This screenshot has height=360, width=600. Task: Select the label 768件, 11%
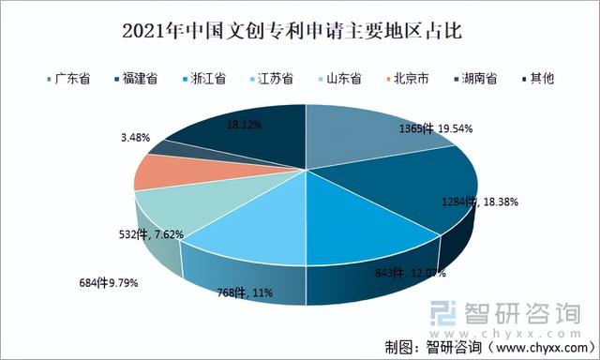(247, 292)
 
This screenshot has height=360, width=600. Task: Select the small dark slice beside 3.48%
(155, 148)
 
